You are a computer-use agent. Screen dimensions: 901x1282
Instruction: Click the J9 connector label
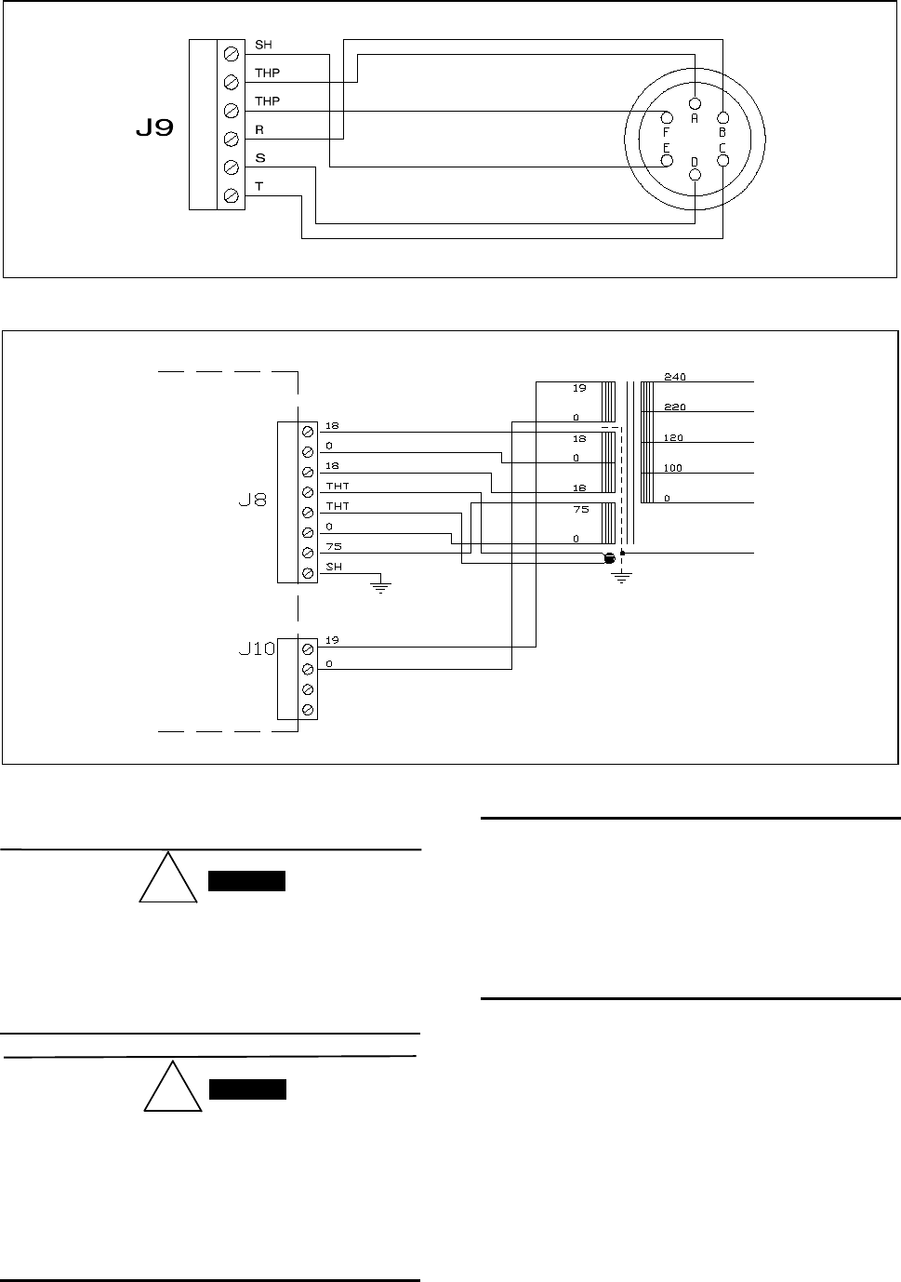(x=155, y=128)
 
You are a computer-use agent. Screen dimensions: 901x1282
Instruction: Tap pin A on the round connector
(x=695, y=103)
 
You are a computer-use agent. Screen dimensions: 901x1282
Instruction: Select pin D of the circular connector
(x=695, y=175)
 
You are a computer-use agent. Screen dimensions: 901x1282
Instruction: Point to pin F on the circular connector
(x=667, y=118)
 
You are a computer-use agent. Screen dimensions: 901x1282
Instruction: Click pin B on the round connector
(x=722, y=118)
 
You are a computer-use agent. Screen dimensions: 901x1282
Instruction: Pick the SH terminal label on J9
(x=263, y=45)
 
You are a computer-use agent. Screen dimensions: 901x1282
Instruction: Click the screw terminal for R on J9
(x=231, y=139)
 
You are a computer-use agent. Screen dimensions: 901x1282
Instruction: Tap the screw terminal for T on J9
(x=231, y=195)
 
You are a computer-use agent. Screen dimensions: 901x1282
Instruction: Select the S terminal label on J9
(x=260, y=158)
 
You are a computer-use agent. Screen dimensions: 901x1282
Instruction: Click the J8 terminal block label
(x=253, y=501)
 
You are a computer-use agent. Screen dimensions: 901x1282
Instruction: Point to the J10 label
(x=257, y=649)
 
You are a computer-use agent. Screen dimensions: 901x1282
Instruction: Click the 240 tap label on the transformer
(x=675, y=377)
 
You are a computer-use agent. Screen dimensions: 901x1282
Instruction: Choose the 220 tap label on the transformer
(x=675, y=407)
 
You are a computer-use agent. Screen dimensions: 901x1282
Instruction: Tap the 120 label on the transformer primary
(x=673, y=437)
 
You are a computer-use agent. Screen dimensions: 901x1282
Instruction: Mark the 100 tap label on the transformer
(x=673, y=468)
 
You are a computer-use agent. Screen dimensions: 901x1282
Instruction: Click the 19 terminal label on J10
(x=332, y=639)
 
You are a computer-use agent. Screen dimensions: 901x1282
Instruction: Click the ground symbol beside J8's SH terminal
(x=380, y=587)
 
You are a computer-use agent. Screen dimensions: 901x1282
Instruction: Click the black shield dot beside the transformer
(x=610, y=557)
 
